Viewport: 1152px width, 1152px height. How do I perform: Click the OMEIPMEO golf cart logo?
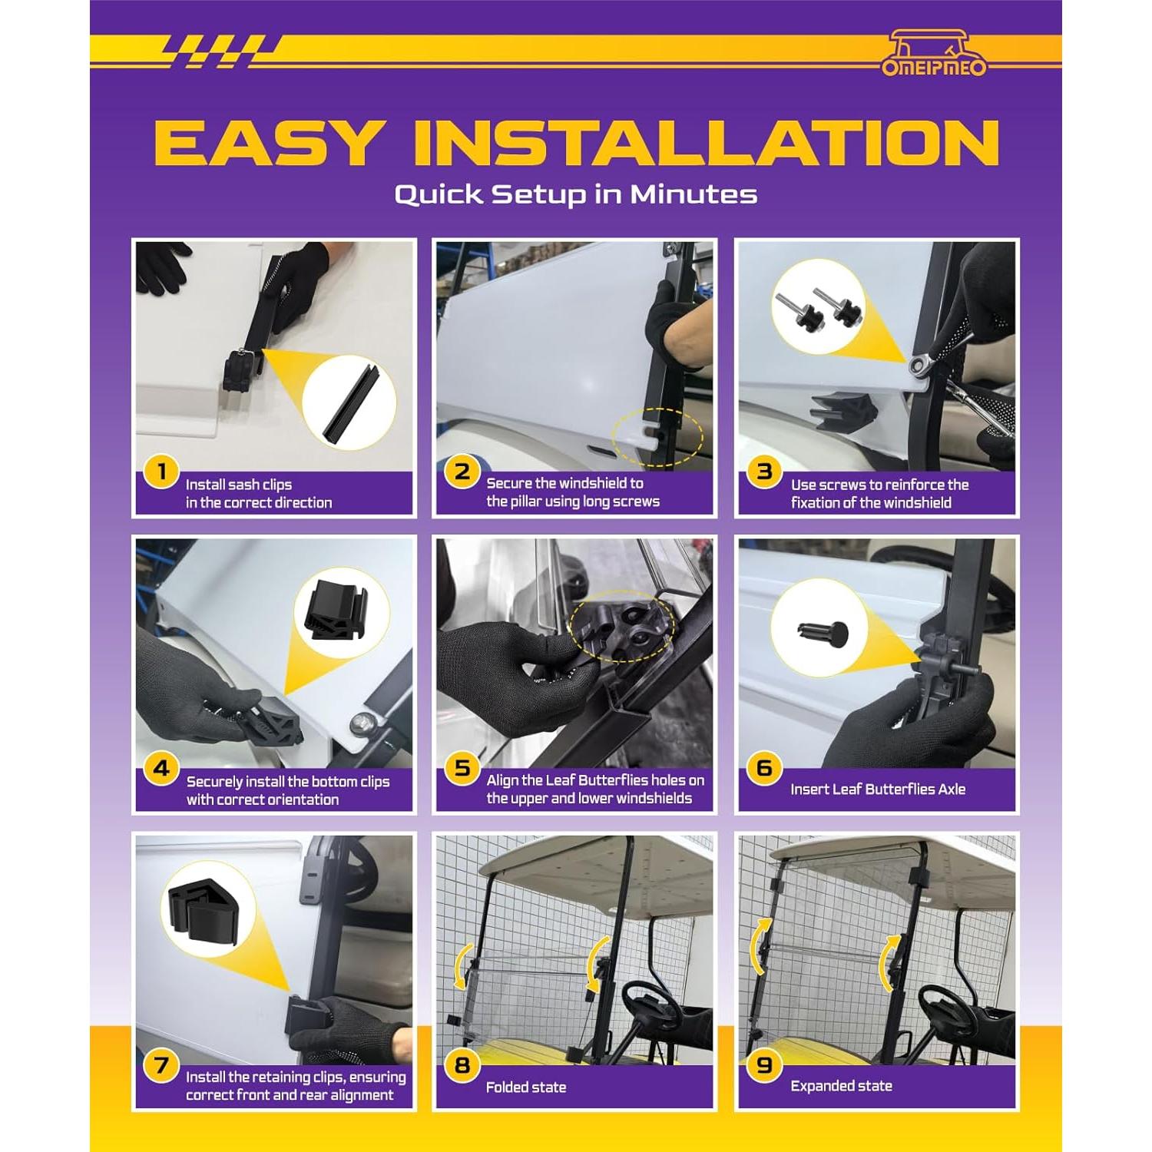click(x=933, y=53)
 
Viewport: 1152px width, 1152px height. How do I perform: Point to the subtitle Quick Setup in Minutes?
click(x=576, y=194)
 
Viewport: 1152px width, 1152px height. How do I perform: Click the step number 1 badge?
click(x=161, y=472)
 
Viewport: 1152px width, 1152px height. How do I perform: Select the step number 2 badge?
click(x=462, y=471)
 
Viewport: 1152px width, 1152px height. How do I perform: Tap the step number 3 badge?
click(x=764, y=471)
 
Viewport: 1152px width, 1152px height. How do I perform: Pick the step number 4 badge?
click(x=161, y=768)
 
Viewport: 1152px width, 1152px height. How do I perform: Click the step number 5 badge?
click(x=462, y=768)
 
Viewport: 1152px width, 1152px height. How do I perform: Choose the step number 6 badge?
click(x=764, y=768)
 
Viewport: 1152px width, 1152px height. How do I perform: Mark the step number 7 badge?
click(x=161, y=1065)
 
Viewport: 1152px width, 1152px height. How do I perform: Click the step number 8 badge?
click(x=462, y=1065)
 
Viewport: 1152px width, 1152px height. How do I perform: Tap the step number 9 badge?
click(x=764, y=1065)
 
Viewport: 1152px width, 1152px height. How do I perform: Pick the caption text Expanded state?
click(x=841, y=1086)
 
